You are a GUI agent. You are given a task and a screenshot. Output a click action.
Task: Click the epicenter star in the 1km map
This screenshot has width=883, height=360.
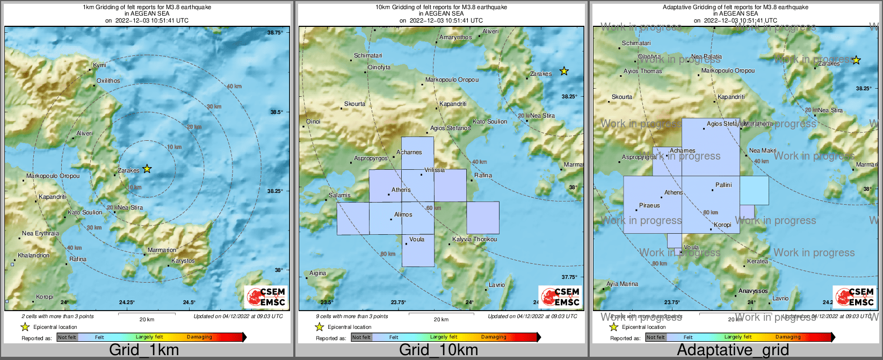click(147, 169)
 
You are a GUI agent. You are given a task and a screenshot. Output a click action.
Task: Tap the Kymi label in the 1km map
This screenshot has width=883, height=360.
click(99, 65)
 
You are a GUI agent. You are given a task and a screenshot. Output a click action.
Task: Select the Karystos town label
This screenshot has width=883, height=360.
click(183, 261)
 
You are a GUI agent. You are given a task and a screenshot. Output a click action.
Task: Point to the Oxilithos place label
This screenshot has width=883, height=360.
click(108, 81)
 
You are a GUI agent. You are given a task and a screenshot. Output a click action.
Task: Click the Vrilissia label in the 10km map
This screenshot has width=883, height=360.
click(435, 170)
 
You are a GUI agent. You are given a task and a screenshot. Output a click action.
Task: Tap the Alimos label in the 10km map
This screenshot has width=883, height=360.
click(403, 214)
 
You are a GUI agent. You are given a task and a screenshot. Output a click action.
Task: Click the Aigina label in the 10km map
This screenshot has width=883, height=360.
click(317, 273)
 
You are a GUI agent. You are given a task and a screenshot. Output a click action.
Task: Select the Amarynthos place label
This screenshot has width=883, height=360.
click(455, 38)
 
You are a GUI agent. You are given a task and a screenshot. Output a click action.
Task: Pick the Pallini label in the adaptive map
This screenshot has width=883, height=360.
click(723, 185)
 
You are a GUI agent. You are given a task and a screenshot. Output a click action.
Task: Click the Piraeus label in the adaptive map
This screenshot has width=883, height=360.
click(649, 205)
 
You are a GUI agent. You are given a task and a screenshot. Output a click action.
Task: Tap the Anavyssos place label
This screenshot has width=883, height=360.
click(753, 291)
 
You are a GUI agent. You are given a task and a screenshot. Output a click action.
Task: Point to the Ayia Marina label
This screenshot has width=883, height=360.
click(622, 284)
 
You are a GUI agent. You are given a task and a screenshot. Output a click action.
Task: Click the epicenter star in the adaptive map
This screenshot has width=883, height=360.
click(856, 60)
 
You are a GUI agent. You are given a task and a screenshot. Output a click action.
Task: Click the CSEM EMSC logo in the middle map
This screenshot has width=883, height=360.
click(561, 297)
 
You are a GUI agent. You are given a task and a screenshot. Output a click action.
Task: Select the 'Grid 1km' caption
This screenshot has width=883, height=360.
click(144, 350)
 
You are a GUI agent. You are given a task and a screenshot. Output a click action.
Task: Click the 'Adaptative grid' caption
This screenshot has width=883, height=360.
click(733, 350)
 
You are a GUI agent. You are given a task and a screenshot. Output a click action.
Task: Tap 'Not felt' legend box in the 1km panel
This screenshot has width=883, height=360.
click(67, 337)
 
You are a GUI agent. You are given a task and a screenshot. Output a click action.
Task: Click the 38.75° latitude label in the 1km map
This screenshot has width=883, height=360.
click(275, 33)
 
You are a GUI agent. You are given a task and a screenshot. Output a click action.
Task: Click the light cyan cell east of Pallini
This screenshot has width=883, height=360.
click(754, 190)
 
